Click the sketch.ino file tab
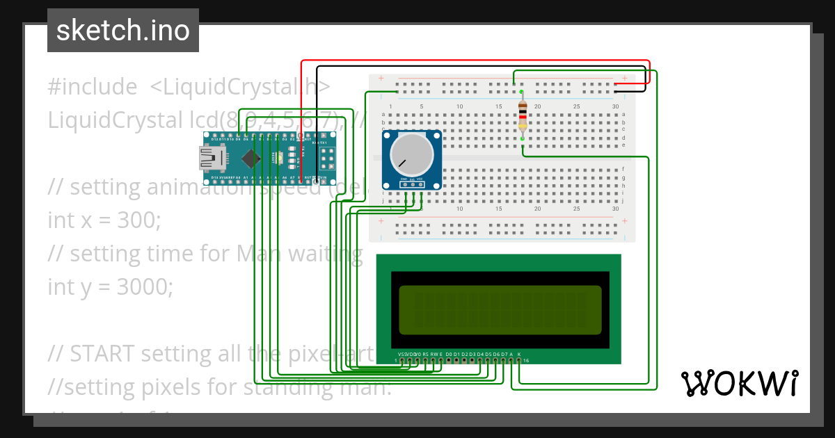point(122,31)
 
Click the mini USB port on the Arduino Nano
point(209,161)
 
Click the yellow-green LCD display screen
point(500,309)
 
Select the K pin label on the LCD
point(519,354)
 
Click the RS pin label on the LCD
point(426,354)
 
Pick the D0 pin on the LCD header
point(449,354)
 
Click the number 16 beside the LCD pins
point(527,361)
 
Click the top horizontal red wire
point(473,60)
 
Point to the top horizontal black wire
point(480,67)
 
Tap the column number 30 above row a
point(615,106)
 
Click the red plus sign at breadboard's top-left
point(381,78)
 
